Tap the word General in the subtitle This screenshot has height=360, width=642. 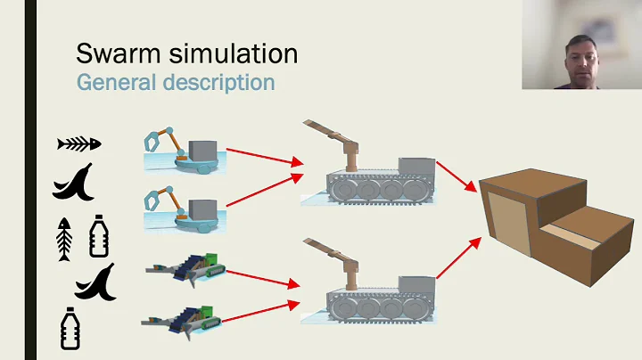pos(112,82)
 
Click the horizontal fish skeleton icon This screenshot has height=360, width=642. pos(79,143)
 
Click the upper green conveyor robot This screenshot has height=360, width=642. pos(189,266)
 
